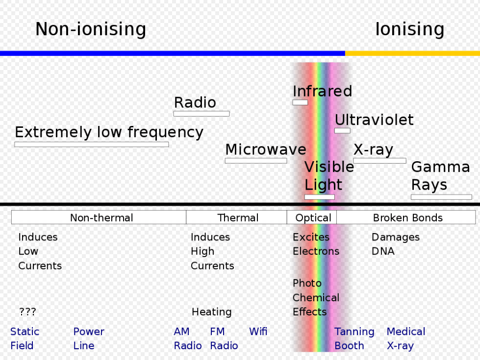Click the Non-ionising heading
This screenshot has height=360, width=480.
(x=91, y=30)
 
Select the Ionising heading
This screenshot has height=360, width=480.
(x=409, y=30)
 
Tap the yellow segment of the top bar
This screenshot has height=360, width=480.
(x=412, y=53)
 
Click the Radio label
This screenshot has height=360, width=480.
(x=195, y=103)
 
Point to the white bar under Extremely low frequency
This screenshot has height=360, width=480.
(x=91, y=144)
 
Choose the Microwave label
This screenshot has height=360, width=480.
(x=265, y=150)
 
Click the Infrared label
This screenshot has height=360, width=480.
(x=322, y=92)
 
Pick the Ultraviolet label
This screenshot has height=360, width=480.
(x=374, y=120)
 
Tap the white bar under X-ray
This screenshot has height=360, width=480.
(x=379, y=161)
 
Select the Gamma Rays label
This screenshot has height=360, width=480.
(x=440, y=176)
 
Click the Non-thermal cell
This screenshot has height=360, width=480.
(x=101, y=218)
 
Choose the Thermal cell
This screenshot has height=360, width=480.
(x=238, y=218)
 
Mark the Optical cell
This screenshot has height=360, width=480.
(x=313, y=218)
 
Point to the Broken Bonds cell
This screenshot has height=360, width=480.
(x=407, y=218)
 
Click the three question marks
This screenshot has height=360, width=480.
(x=27, y=312)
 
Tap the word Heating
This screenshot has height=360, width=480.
(x=211, y=312)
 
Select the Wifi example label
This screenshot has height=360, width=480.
(x=258, y=332)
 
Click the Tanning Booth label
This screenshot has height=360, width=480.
(x=354, y=338)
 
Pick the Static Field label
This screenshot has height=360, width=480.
(x=25, y=338)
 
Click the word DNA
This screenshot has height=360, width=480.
(x=383, y=251)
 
